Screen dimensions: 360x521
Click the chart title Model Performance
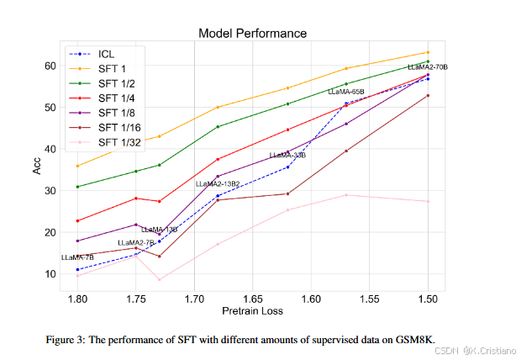pyautogui.click(x=252, y=34)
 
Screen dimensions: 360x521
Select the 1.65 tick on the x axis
pyautogui.click(x=253, y=299)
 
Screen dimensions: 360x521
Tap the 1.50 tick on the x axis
pyautogui.click(x=428, y=299)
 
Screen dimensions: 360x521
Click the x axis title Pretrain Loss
pyautogui.click(x=252, y=311)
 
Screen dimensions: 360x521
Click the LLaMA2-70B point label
pyautogui.click(x=428, y=67)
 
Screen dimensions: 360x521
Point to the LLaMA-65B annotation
pyautogui.click(x=345, y=91)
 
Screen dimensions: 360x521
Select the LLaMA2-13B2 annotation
pyautogui.click(x=218, y=183)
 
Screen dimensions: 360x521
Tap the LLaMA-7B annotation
pyautogui.click(x=77, y=257)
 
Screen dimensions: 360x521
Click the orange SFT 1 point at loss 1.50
pyautogui.click(x=428, y=52)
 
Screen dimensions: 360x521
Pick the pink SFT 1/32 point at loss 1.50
pyautogui.click(x=428, y=201)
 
